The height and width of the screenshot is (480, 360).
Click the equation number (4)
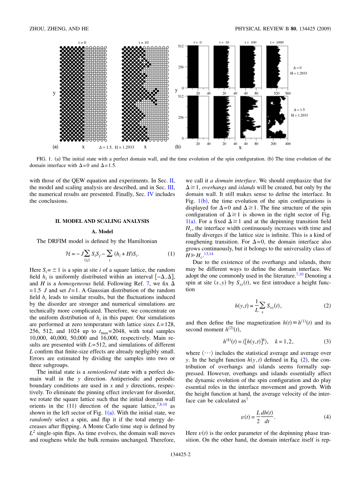pos(327,417)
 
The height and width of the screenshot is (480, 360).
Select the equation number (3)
pos(327,341)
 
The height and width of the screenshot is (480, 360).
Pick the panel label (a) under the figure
pos(56,146)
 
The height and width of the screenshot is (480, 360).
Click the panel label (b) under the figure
pos(178,146)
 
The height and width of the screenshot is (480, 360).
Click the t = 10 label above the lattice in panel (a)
pos(144,42)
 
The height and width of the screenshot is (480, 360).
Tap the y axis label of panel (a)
pos(54,93)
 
